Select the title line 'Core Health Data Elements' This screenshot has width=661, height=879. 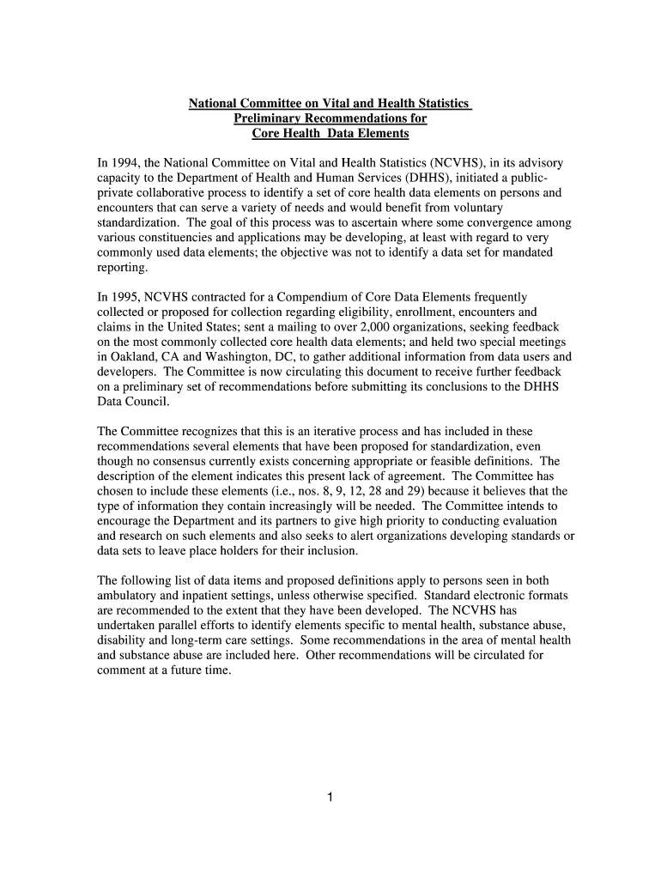click(x=330, y=134)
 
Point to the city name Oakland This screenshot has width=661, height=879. click(x=132, y=357)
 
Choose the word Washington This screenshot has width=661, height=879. click(x=235, y=357)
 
